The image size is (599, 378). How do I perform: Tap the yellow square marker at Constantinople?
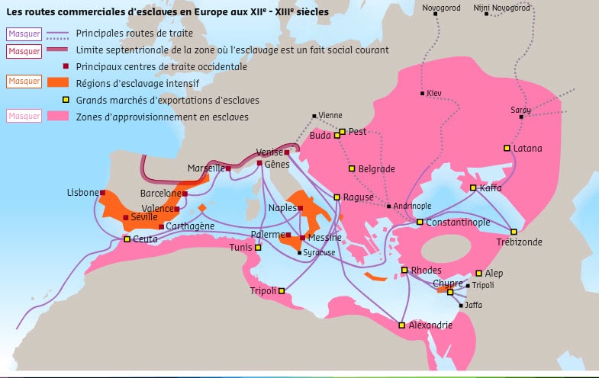point(420,222)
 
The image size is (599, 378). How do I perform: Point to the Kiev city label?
point(434,93)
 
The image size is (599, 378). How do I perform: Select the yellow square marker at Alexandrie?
point(401,325)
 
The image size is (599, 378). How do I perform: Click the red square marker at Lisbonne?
point(103,193)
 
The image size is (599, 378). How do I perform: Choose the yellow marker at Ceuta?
point(127,239)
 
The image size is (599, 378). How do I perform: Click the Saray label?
point(520,110)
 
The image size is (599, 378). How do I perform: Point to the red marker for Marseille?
point(228,168)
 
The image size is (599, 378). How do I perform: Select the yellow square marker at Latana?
point(507,148)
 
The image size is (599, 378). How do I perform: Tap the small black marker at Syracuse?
point(299,252)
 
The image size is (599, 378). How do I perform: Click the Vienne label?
point(330,115)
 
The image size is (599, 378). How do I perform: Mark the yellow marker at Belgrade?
point(352,168)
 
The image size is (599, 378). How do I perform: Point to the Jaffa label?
point(474,305)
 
